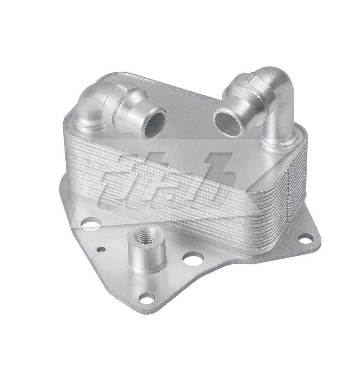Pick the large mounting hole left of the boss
(x=91, y=224)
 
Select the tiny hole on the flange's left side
(x=101, y=250)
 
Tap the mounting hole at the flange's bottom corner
(x=147, y=298)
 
